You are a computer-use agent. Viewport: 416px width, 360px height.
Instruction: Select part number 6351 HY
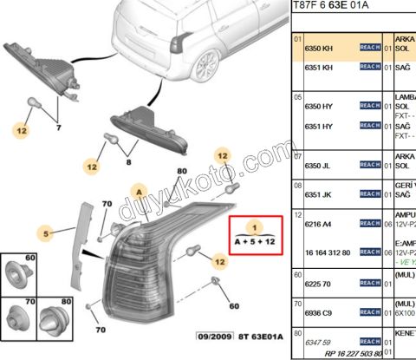pos(320,125)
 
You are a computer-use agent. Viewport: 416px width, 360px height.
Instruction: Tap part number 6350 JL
pos(320,165)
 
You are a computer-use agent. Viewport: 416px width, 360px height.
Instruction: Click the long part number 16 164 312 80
pos(328,252)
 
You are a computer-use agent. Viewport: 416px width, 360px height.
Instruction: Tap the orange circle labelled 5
pos(49,232)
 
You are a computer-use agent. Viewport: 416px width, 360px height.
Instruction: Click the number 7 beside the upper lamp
pos(59,127)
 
